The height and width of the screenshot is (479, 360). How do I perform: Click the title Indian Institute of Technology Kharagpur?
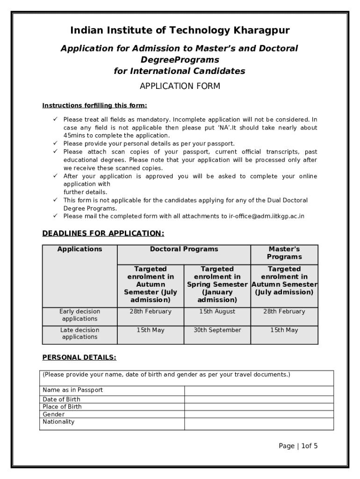[180, 31]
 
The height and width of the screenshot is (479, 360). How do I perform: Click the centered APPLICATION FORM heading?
[180, 86]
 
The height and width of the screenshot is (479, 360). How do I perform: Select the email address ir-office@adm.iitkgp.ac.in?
[266, 216]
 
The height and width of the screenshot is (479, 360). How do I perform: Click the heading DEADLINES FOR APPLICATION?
[103, 233]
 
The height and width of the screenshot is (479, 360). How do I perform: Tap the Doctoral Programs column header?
[184, 249]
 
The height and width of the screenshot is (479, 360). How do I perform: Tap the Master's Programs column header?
[284, 253]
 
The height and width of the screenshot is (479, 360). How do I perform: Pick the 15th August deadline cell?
[217, 312]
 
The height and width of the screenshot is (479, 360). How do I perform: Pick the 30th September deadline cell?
[217, 330]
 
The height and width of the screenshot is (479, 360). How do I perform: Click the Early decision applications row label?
[79, 315]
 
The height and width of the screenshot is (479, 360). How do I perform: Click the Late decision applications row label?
[79, 334]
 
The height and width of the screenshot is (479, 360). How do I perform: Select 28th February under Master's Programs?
[284, 312]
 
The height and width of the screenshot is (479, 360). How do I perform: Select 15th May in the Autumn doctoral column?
[151, 330]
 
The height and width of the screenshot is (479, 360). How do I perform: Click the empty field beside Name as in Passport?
[259, 391]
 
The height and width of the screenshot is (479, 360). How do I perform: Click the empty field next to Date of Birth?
[259, 399]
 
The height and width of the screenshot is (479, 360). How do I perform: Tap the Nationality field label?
[58, 422]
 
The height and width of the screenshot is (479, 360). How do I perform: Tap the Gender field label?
[54, 414]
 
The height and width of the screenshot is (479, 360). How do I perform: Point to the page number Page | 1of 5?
[298, 446]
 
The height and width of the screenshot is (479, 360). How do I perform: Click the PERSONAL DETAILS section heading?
[79, 358]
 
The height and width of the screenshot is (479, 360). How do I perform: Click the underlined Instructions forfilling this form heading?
[95, 105]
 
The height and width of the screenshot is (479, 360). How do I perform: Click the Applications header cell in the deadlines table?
[79, 249]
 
